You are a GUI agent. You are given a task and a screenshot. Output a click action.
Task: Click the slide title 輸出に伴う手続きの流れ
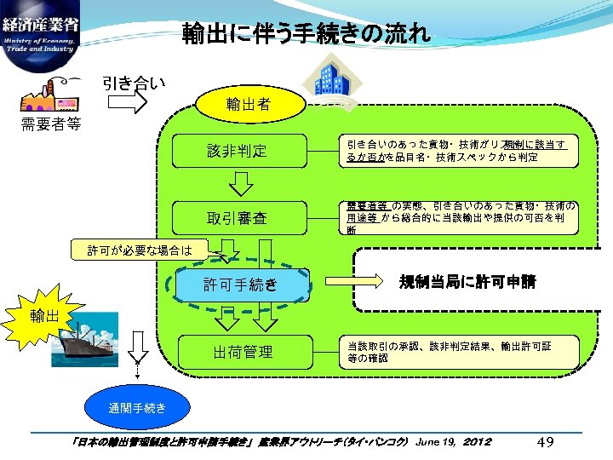pyautogui.click(x=306, y=34)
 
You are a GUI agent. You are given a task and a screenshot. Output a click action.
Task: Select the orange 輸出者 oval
pyautogui.click(x=249, y=105)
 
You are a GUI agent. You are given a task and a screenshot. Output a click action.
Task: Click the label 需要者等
pyautogui.click(x=51, y=124)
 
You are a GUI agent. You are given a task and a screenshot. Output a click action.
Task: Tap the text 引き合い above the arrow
pyautogui.click(x=134, y=83)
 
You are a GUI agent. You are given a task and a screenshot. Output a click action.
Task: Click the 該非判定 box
pyautogui.click(x=238, y=151)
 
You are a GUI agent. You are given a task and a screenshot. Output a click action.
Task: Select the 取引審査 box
pyautogui.click(x=238, y=218)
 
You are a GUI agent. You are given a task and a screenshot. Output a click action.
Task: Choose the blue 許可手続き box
pyautogui.click(x=240, y=285)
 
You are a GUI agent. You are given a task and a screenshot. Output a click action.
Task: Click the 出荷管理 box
pyautogui.click(x=243, y=351)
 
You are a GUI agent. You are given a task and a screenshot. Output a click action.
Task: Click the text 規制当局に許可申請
pyautogui.click(x=468, y=282)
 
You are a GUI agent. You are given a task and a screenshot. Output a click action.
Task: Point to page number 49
pyautogui.click(x=547, y=442)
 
